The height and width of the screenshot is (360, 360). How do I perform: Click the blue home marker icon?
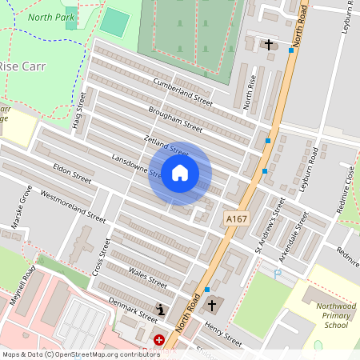(x=180, y=173)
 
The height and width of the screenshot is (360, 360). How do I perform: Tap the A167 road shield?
(x=236, y=218)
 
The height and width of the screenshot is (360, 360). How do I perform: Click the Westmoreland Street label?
(x=73, y=206)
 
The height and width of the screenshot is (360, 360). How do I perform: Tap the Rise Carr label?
(x=20, y=66)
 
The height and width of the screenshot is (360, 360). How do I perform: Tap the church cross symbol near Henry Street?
(x=212, y=305)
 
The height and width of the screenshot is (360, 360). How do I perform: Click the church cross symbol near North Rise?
(x=270, y=45)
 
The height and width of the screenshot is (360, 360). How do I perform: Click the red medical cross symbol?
(x=159, y=340)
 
